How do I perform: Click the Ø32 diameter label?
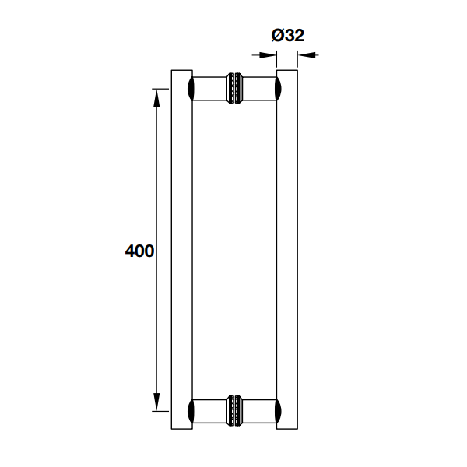287,35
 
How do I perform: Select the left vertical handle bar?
181,249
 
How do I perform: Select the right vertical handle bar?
287,249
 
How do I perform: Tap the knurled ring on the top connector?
233,89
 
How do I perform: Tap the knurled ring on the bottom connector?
233,410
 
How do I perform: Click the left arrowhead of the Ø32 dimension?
270,54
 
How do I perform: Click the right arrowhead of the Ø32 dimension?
304,54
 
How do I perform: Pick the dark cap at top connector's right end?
277,89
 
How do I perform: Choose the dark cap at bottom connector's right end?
277,410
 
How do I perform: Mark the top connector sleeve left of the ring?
209,89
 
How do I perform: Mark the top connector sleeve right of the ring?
258,89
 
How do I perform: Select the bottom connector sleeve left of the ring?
209,410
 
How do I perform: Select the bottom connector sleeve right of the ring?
258,410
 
